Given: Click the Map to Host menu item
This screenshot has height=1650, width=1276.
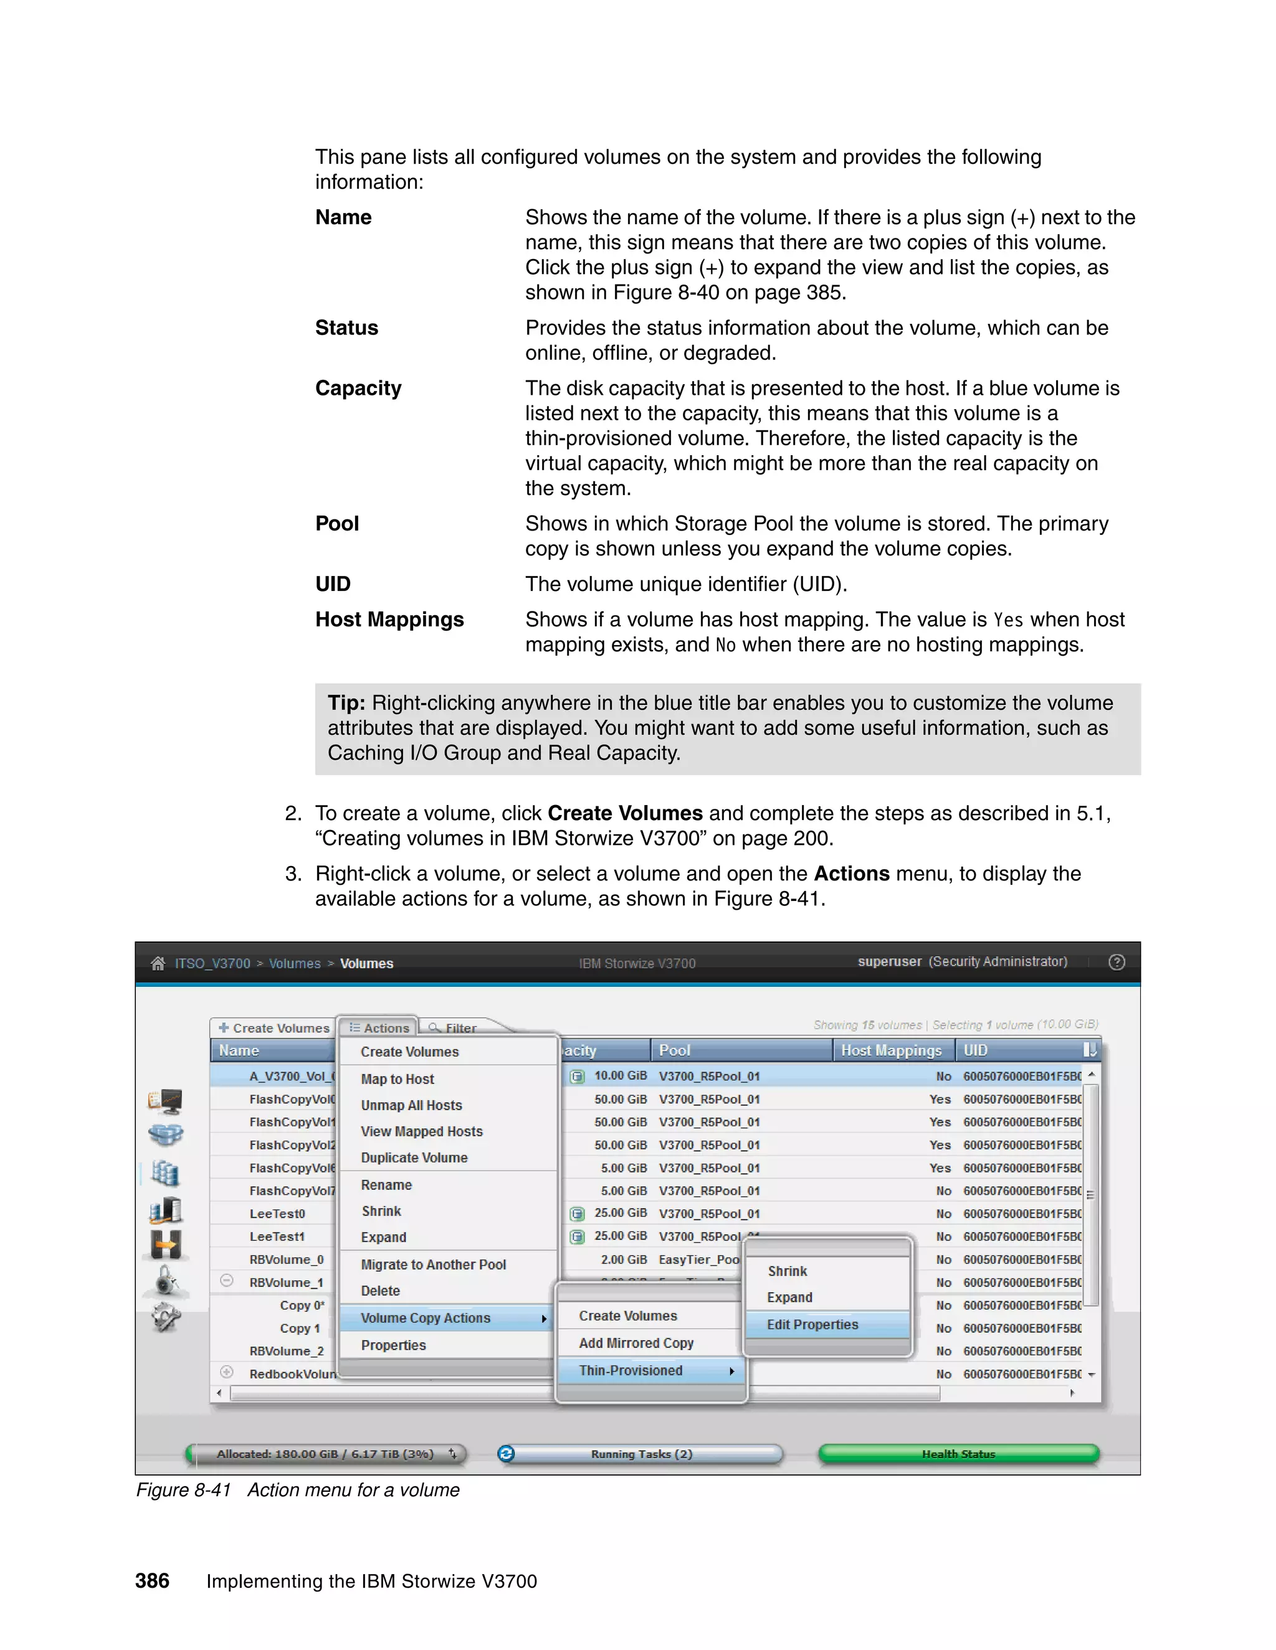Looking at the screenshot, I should click(x=397, y=1079).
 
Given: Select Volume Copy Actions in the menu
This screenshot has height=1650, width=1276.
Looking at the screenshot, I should click(x=426, y=1318).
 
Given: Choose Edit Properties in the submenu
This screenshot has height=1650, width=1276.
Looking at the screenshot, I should click(x=812, y=1324).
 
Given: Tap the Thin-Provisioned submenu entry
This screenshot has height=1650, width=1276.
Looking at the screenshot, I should click(x=631, y=1370).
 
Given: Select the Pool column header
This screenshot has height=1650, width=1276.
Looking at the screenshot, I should click(x=674, y=1050).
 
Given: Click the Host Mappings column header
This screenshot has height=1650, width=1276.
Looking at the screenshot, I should click(x=890, y=1050).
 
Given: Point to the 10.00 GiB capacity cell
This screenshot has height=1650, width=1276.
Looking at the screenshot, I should click(x=620, y=1076).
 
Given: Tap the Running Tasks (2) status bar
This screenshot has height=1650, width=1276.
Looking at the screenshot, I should click(x=641, y=1454).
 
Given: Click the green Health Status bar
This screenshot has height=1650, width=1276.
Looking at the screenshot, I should click(x=958, y=1454).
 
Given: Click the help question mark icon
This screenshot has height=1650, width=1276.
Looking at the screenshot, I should click(x=1116, y=962).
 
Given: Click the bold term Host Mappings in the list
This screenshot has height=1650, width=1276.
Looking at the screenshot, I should click(x=389, y=620).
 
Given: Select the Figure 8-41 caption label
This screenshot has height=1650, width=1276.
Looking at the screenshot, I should click(x=184, y=1490).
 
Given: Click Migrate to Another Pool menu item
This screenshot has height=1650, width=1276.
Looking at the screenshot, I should click(x=433, y=1265).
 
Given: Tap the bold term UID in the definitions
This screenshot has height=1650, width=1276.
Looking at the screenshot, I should click(x=333, y=584).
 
